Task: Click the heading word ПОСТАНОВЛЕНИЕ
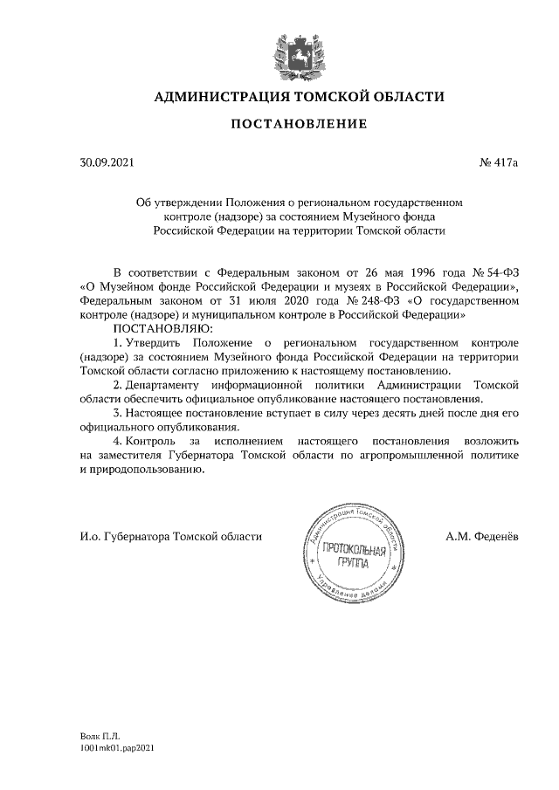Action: pos(299,126)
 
